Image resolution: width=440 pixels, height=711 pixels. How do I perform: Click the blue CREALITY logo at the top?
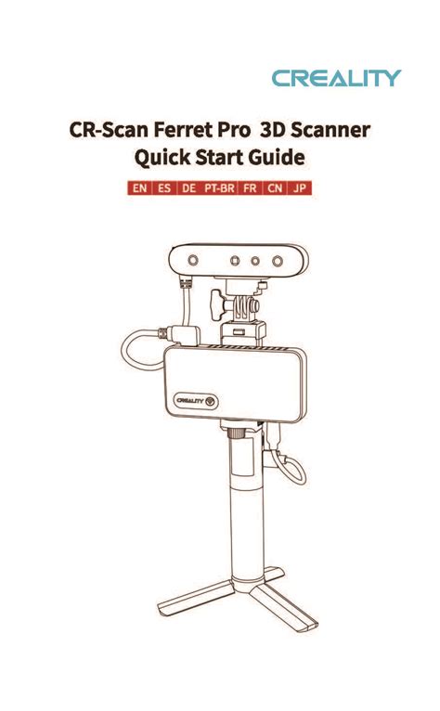(x=337, y=78)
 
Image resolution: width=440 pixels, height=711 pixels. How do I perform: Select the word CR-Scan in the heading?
(x=109, y=130)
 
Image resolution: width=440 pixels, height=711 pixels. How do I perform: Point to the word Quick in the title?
(x=162, y=158)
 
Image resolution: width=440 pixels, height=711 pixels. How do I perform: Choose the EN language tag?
(x=140, y=187)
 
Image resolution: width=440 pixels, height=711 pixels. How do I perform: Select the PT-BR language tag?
(x=219, y=187)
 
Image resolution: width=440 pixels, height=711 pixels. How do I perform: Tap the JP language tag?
(x=300, y=187)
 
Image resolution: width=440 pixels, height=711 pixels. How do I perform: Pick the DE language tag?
(x=188, y=187)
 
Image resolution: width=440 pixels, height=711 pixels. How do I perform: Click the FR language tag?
(x=250, y=187)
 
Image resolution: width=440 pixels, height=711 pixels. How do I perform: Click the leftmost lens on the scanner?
(x=193, y=260)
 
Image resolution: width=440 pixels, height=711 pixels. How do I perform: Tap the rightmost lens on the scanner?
(x=278, y=261)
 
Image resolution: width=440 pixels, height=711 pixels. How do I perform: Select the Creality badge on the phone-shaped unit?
(x=196, y=401)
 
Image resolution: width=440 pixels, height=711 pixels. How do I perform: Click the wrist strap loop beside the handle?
(x=291, y=469)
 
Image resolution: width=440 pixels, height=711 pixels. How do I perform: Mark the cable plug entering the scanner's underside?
(x=185, y=283)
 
